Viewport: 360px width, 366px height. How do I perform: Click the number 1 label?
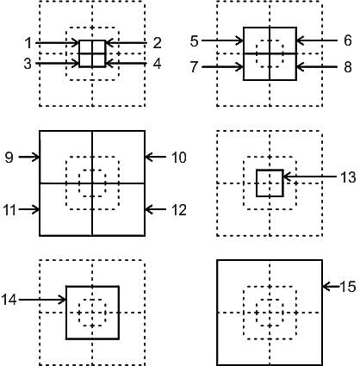pyautogui.click(x=28, y=43)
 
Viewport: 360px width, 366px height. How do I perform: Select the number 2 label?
pyautogui.click(x=157, y=43)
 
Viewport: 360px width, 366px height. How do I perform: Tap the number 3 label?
pyautogui.click(x=28, y=64)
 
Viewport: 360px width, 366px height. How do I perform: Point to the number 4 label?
pyautogui.click(x=157, y=64)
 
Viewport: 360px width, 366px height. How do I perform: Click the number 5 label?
pyautogui.click(x=195, y=41)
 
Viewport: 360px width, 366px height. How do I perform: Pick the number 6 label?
pyautogui.click(x=348, y=40)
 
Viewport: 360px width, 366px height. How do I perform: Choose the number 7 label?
pyautogui.click(x=195, y=67)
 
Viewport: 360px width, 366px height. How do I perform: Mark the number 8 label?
pyautogui.click(x=348, y=67)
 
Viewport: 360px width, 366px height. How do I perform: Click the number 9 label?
pyautogui.click(x=9, y=158)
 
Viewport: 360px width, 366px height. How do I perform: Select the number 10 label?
pyautogui.click(x=179, y=158)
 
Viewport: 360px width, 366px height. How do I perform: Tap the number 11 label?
pyautogui.click(x=10, y=210)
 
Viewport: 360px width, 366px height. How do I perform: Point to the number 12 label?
pyautogui.click(x=179, y=210)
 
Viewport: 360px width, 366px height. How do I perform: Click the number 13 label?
pyautogui.click(x=348, y=177)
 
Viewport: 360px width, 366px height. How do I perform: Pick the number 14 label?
pyautogui.click(x=9, y=300)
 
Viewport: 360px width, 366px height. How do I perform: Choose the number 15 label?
pyautogui.click(x=348, y=286)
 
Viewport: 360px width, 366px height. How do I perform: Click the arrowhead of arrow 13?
pyautogui.click(x=286, y=177)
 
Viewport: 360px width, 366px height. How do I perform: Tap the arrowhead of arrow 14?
pyautogui.click(x=63, y=300)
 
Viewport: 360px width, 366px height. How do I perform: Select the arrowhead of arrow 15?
pyautogui.click(x=326, y=287)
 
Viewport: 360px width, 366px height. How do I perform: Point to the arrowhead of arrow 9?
pyautogui.click(x=36, y=158)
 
